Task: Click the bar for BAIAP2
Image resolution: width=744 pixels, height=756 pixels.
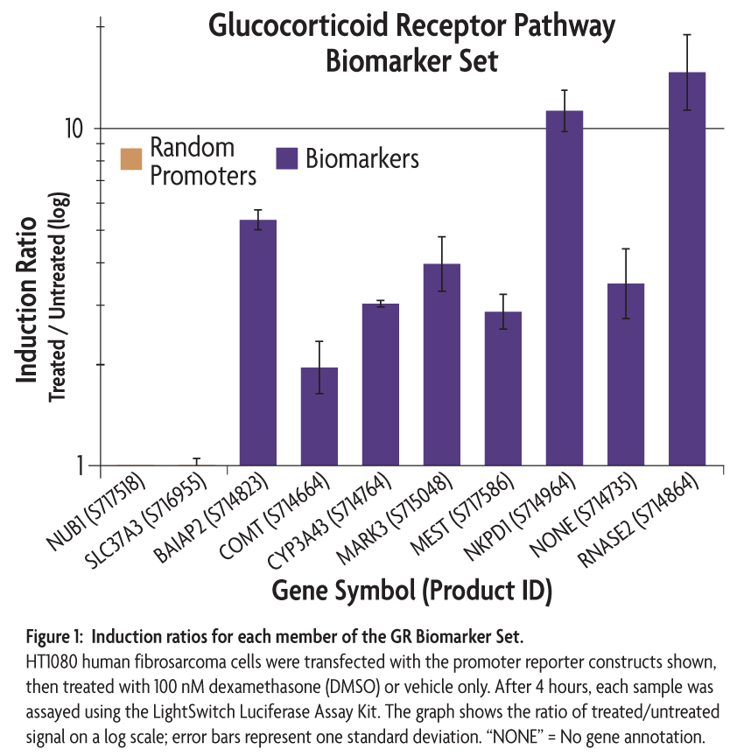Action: coord(258,342)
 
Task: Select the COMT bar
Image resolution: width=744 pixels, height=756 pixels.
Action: coord(319,416)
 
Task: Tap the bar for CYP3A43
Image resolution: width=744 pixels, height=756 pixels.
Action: coord(381,384)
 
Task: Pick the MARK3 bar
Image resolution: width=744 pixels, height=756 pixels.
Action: coord(442,365)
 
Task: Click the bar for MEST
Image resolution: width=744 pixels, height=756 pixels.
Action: coord(503,388)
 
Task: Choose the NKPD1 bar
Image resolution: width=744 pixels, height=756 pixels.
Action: coord(565,288)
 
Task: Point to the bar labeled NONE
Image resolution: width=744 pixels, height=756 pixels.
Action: coord(625,374)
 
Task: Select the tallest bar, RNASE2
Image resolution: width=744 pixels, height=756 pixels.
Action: coord(686,269)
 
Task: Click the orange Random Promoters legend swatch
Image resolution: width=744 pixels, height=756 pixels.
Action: coord(131,159)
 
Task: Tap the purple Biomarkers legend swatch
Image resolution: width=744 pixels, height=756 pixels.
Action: coord(286,158)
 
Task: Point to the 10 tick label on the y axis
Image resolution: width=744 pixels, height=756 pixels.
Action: coord(74,129)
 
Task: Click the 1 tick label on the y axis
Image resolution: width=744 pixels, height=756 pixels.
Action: coord(80,465)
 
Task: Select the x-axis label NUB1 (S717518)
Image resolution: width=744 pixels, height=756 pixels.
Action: coord(95,511)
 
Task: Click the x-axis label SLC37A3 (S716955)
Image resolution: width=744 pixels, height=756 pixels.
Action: coord(145,521)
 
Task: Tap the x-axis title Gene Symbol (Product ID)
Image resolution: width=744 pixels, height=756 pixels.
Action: coord(411,591)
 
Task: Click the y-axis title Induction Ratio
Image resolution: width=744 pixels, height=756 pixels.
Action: coord(26,300)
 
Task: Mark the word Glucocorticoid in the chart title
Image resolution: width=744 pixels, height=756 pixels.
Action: coord(298,26)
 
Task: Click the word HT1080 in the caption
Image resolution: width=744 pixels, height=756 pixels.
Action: coord(52,662)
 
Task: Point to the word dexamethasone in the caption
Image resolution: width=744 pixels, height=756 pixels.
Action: coord(265,687)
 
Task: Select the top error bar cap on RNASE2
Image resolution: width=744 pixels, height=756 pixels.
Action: coord(687,35)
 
